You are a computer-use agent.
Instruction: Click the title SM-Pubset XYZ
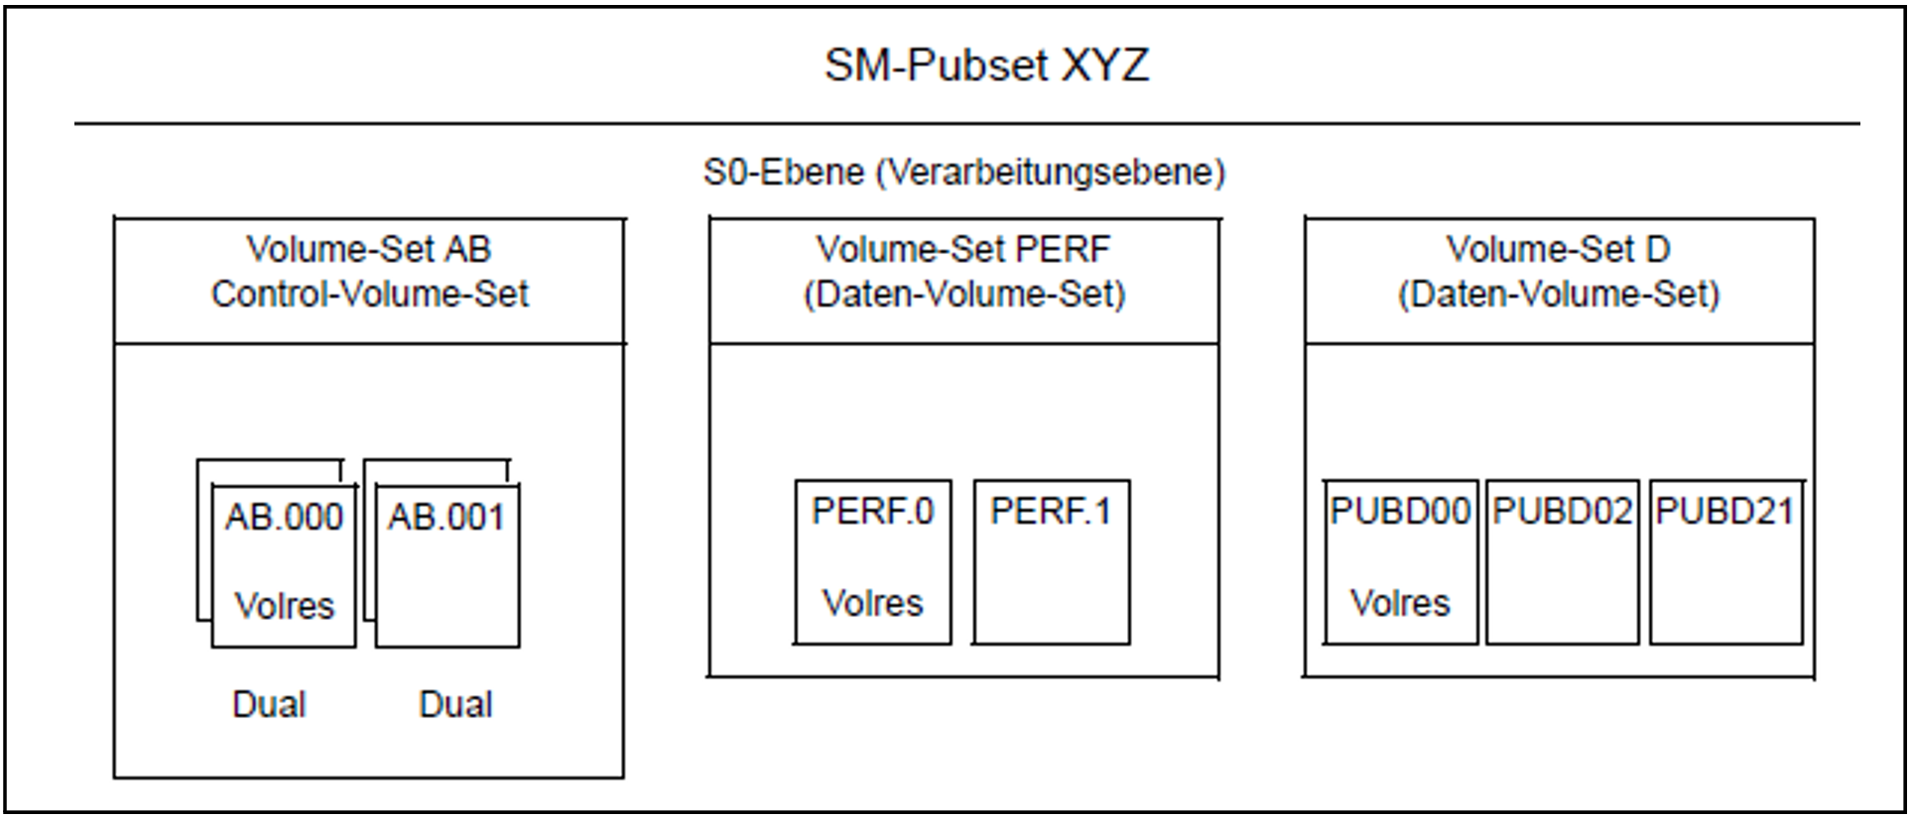click(x=986, y=65)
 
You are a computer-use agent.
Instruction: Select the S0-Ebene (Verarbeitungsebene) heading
click(x=963, y=173)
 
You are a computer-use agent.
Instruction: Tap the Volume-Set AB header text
click(x=368, y=249)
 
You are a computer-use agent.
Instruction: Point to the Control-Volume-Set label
click(x=369, y=293)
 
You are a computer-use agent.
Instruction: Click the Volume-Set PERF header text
click(x=962, y=249)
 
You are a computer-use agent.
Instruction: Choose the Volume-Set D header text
click(x=1558, y=249)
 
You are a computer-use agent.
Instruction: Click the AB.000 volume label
click(x=284, y=517)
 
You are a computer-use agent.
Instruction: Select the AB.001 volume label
click(x=446, y=517)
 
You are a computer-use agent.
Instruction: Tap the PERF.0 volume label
click(x=872, y=511)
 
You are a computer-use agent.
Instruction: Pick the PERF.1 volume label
click(x=1051, y=511)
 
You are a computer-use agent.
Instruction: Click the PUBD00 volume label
click(x=1400, y=511)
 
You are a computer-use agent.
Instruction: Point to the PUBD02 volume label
click(x=1562, y=511)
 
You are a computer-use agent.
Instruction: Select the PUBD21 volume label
click(x=1724, y=511)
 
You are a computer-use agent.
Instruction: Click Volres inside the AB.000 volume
click(x=284, y=605)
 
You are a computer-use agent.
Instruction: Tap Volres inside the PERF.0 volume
click(x=872, y=603)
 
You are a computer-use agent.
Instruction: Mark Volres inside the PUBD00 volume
click(x=1400, y=603)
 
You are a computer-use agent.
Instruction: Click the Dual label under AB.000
click(x=269, y=704)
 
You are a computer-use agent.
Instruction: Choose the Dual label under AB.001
click(x=455, y=704)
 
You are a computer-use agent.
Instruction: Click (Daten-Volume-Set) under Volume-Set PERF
click(x=963, y=294)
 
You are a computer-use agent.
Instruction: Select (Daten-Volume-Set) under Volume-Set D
click(x=1558, y=294)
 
